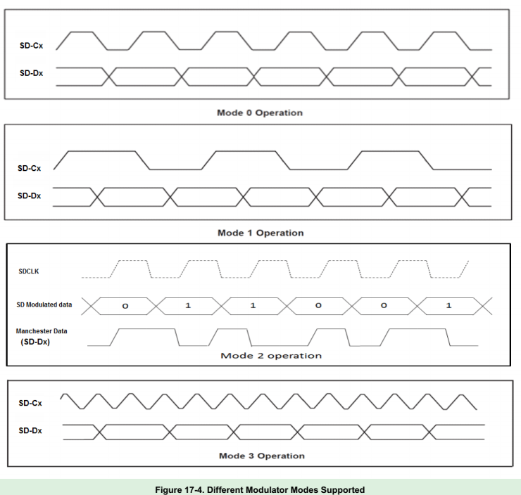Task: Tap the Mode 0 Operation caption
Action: [x=260, y=112]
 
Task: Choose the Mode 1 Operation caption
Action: [x=260, y=233]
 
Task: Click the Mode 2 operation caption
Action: [x=271, y=355]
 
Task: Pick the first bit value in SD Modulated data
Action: [x=126, y=306]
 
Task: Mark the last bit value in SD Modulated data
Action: [x=448, y=306]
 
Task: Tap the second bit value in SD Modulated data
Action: [x=188, y=306]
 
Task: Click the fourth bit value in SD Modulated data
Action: [x=318, y=306]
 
